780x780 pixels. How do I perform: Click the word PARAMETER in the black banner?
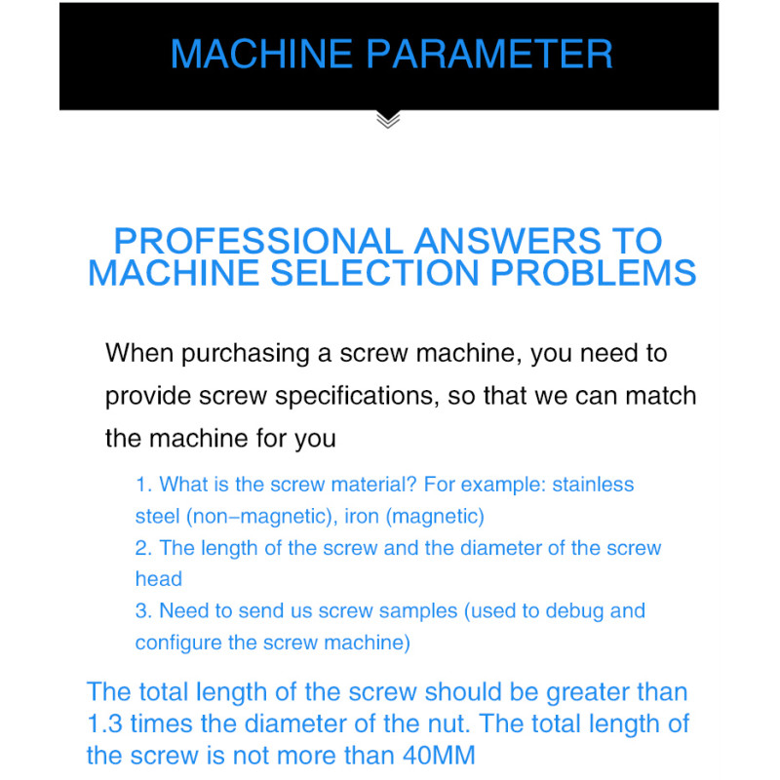(x=489, y=54)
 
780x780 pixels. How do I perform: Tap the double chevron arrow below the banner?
(x=388, y=120)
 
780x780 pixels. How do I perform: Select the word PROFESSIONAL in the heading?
(x=258, y=241)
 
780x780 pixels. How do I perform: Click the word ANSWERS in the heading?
(x=507, y=241)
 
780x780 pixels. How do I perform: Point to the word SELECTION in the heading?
(x=374, y=273)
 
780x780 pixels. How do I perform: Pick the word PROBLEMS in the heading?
(x=593, y=273)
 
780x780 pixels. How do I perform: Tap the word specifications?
(x=357, y=397)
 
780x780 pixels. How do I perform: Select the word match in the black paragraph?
(x=661, y=396)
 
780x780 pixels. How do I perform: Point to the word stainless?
(x=593, y=485)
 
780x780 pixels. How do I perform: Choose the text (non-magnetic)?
(x=259, y=517)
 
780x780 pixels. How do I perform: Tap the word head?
(x=159, y=579)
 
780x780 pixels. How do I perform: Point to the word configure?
(x=178, y=643)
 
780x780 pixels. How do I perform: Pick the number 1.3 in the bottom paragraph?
(x=104, y=723)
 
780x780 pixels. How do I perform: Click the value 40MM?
(x=440, y=756)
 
